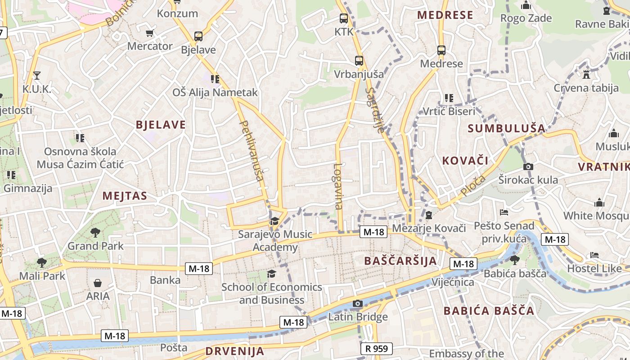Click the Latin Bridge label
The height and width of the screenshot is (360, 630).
tap(358, 317)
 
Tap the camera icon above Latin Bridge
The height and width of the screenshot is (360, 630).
tap(358, 304)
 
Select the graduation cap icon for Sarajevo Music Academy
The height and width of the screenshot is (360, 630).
tap(274, 221)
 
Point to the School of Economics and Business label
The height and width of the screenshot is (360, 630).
tap(272, 293)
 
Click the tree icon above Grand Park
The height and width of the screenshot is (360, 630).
tap(95, 233)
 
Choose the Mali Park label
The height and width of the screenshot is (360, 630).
tap(42, 275)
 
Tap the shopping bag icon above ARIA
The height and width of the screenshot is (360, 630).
tap(98, 283)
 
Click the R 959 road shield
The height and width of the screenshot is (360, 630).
tap(377, 348)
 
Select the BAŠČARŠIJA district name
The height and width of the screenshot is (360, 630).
tap(400, 261)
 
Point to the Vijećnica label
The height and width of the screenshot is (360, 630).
tap(453, 282)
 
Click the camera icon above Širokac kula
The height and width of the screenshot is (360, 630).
tap(528, 167)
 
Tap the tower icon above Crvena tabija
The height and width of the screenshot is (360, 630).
tap(586, 74)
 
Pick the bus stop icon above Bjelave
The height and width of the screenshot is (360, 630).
tap(198, 36)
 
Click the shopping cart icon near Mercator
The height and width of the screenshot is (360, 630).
tap(150, 33)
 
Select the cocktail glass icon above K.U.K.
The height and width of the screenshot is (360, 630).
tap(37, 76)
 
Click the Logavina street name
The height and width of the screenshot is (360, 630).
tap(338, 186)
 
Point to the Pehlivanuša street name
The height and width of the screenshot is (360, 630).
tap(252, 150)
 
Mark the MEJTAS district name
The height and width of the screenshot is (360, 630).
tap(125, 196)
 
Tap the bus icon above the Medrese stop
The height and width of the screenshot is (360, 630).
tap(441, 50)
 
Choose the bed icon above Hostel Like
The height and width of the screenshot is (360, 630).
tap(594, 256)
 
